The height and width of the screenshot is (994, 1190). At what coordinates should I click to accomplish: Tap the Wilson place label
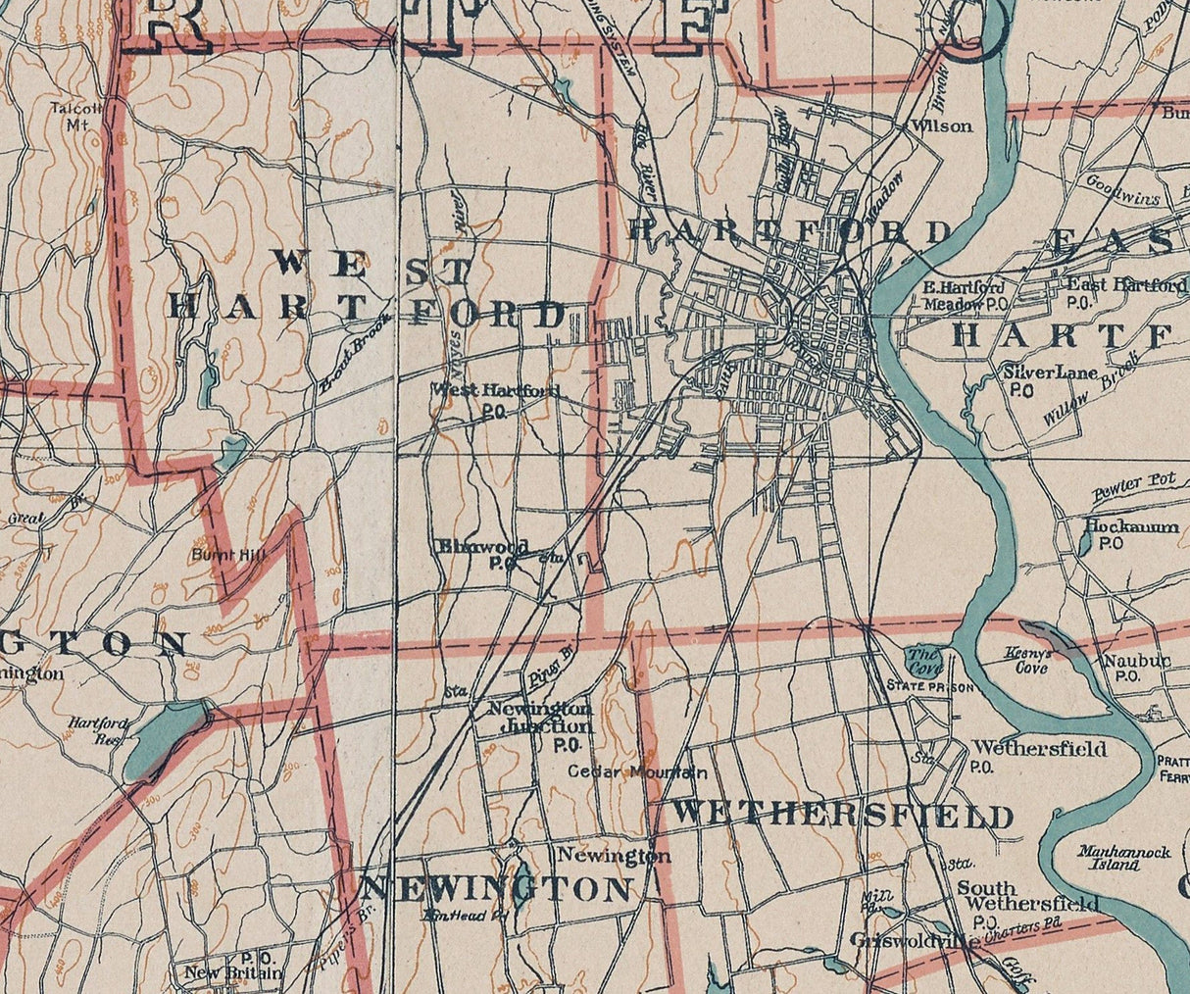point(941,125)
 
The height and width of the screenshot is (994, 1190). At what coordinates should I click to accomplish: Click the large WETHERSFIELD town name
point(842,815)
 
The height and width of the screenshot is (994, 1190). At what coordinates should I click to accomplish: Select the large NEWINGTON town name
point(496,889)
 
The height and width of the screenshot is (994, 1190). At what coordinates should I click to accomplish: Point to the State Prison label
point(929,687)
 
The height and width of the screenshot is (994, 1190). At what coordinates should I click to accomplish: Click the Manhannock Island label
point(1123,858)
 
